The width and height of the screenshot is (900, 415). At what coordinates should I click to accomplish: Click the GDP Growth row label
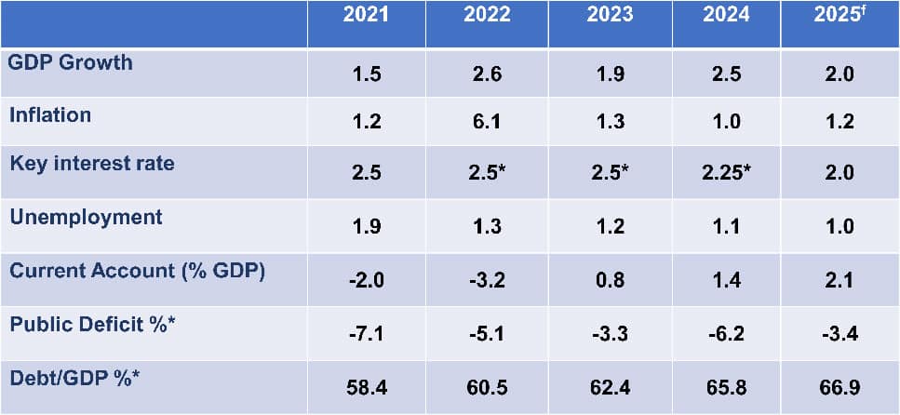(x=71, y=63)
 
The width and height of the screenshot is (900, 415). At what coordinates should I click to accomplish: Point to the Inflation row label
(x=50, y=114)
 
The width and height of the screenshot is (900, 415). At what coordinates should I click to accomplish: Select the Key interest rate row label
(x=92, y=164)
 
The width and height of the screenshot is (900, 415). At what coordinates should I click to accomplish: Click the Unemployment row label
(x=86, y=217)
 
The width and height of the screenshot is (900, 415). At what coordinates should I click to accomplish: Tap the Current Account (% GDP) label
(x=137, y=271)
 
